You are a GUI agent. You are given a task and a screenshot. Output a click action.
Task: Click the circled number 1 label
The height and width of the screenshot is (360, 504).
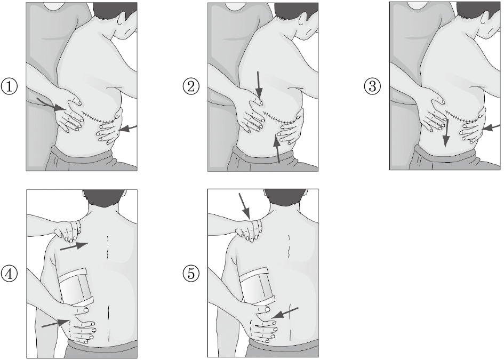pos(9,86)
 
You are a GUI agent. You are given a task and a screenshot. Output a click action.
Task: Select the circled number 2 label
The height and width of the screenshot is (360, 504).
pos(191,86)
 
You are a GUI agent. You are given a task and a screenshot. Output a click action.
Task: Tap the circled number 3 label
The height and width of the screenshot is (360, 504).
pos(373,86)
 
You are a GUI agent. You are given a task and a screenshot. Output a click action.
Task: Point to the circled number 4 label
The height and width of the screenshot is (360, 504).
pos(9,274)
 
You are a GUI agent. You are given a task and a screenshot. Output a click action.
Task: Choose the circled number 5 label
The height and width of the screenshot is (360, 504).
pos(191,274)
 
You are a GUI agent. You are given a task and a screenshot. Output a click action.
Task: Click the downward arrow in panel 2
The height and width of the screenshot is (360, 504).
pos(259,84)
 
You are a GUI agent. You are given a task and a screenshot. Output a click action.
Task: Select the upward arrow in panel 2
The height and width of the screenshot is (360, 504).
pos(277,149)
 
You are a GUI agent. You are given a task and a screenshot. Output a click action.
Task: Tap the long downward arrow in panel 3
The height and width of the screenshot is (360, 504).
pos(446,133)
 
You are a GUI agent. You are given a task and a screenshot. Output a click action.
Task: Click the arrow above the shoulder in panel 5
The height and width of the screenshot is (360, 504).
pos(244,206)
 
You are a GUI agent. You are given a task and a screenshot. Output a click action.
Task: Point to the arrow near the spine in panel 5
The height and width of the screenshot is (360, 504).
pos(285,313)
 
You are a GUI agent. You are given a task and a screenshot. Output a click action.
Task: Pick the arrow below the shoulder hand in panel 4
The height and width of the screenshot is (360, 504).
pos(74,246)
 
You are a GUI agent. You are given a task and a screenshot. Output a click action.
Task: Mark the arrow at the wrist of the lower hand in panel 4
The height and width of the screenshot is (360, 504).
pos(54,323)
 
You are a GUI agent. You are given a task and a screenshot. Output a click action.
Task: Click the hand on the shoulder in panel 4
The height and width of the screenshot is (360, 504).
pos(68,230)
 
